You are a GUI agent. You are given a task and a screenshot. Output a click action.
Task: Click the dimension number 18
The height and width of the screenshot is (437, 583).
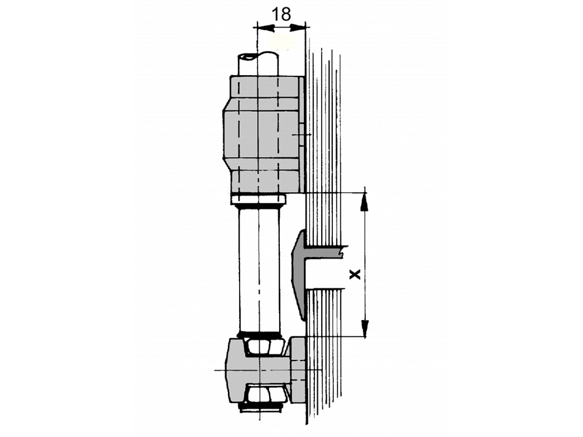(281, 14)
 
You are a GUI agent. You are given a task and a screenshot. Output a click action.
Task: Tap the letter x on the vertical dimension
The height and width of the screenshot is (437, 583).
(356, 274)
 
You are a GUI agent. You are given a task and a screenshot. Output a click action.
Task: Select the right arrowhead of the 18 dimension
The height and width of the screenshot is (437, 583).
(297, 28)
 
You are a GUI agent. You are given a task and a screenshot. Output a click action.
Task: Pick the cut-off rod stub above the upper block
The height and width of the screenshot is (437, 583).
(258, 65)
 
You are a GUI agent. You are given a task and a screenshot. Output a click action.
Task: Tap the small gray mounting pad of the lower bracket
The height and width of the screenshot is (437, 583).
(297, 370)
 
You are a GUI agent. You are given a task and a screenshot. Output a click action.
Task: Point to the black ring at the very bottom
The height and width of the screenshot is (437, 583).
(260, 408)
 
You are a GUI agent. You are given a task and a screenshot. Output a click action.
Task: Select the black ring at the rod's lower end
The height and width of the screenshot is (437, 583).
(259, 334)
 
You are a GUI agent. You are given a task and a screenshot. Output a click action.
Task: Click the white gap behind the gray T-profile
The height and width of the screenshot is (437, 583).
(323, 273)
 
